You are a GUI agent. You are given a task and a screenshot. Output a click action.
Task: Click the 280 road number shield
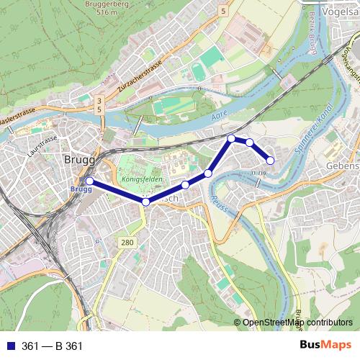click(x=127, y=243)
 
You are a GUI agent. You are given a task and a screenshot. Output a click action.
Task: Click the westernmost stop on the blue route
click(x=89, y=181)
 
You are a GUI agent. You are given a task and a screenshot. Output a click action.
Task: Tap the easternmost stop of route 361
click(x=271, y=160)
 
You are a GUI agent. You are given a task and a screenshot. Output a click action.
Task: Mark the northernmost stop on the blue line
click(x=231, y=138)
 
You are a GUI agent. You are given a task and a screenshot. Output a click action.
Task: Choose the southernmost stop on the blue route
click(x=145, y=202)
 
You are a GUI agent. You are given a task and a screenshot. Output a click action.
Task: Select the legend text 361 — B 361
click(x=52, y=346)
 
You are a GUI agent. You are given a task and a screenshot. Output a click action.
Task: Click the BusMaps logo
click(x=325, y=346)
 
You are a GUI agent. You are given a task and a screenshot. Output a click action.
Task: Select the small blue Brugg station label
click(x=80, y=189)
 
